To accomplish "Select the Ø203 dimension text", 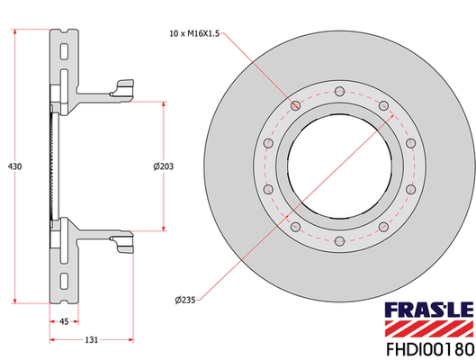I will pos(163,166).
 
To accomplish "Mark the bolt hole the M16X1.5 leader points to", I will pos(296,105).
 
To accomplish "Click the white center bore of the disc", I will pos(340,166).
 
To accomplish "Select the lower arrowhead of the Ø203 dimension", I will pos(163,227).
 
